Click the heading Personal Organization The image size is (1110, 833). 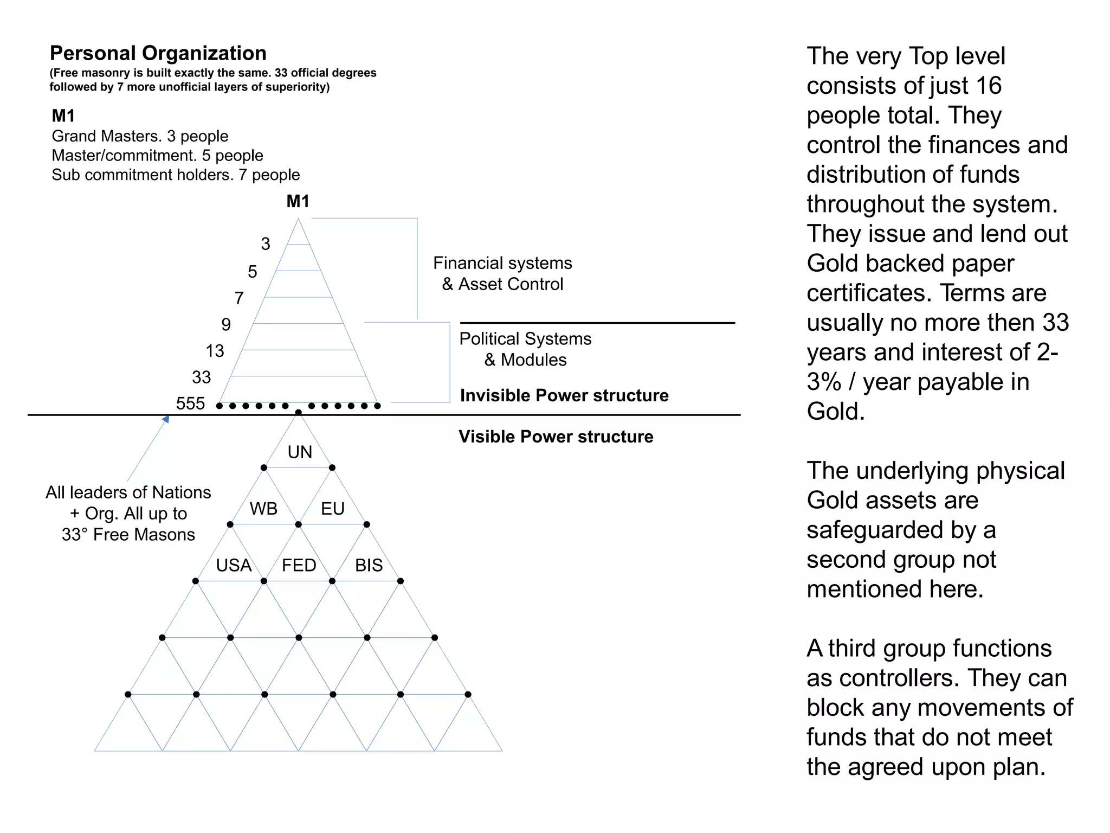158,53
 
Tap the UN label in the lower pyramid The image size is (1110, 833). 300,452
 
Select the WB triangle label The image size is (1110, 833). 263,509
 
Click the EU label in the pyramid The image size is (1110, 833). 332,509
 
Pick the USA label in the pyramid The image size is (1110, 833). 234,565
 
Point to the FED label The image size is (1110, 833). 299,565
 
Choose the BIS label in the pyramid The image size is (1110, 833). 369,565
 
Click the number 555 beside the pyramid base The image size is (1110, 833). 190,403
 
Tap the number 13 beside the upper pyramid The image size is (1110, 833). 215,351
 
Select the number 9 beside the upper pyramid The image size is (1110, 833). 226,324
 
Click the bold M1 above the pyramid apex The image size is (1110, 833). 298,201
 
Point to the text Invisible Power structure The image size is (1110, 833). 564,395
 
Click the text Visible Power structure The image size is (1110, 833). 556,437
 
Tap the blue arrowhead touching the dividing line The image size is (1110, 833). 166,419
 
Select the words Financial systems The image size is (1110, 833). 502,263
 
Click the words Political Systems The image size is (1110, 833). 525,338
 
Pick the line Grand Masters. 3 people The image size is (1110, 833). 140,136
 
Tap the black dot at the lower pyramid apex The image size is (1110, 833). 298,413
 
